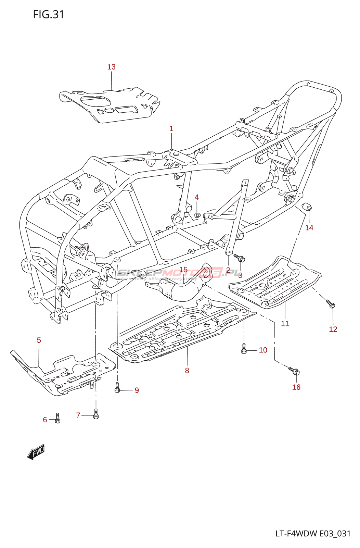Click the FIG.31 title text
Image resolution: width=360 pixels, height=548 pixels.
(x=49, y=14)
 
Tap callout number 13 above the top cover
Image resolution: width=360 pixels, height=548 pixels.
(x=112, y=67)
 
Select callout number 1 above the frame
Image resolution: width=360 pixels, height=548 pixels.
(x=171, y=129)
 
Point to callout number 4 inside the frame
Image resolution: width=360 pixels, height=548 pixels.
(x=197, y=197)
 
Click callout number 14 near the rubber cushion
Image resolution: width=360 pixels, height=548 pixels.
(x=309, y=228)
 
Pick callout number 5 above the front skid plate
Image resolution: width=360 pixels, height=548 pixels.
(x=39, y=340)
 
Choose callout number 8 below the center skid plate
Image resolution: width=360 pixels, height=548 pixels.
(x=187, y=370)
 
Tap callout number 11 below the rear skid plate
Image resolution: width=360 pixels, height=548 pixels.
(x=285, y=324)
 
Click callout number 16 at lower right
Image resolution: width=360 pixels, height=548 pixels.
(x=296, y=387)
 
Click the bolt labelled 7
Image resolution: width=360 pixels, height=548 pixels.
(x=96, y=414)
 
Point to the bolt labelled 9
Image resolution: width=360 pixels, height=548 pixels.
(x=117, y=388)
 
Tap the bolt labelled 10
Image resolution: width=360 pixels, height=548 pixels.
(x=244, y=349)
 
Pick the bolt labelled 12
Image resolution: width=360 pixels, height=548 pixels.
(x=331, y=303)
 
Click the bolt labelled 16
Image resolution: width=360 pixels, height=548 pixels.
(x=294, y=371)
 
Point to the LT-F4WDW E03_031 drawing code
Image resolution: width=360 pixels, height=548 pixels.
(x=313, y=534)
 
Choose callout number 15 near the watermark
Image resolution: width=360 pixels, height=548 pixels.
(x=183, y=270)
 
